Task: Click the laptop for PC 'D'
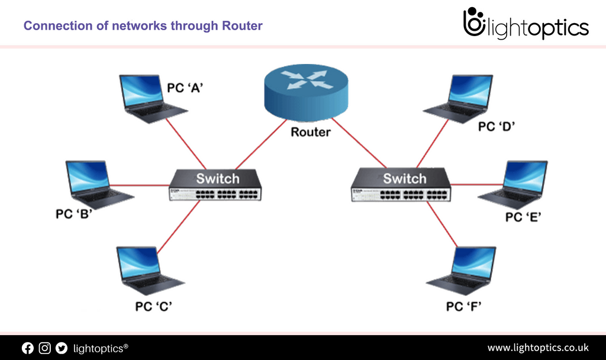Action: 462,98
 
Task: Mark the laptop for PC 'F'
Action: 465,269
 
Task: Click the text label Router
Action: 310,131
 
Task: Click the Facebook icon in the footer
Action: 28,348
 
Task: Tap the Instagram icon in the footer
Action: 44,348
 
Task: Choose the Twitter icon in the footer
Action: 61,348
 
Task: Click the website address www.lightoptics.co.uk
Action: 537,348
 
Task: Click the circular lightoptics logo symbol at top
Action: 473,24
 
